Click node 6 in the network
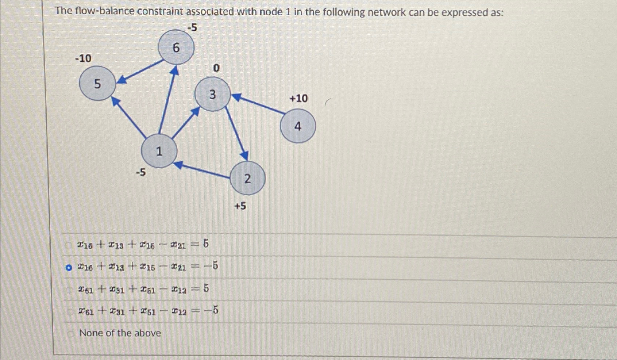coord(176,47)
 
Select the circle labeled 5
coord(97,84)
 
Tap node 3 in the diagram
coord(212,94)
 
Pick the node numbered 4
coord(298,126)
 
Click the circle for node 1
coord(159,151)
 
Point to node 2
coord(247,179)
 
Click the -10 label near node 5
coord(83,58)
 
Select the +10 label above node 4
coord(298,98)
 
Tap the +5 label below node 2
coord(240,206)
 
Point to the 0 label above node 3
coord(216,68)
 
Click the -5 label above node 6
coord(192,27)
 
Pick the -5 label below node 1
coord(140,172)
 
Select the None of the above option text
coord(120,333)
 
